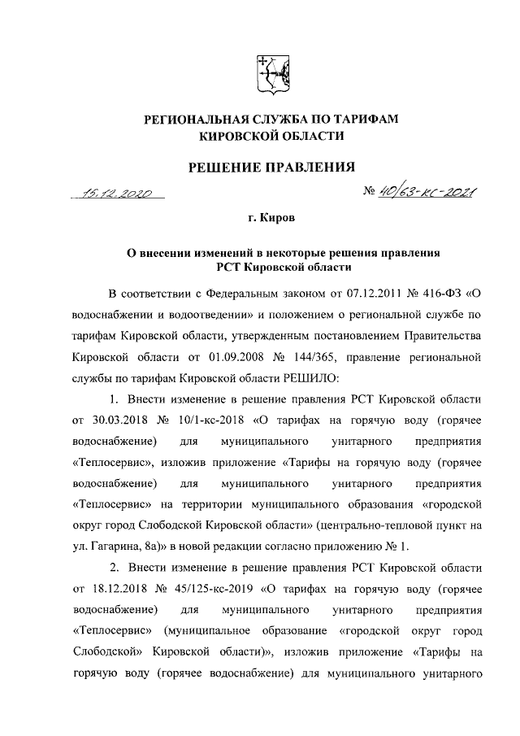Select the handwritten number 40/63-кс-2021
point(421,194)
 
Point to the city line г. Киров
point(271,220)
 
